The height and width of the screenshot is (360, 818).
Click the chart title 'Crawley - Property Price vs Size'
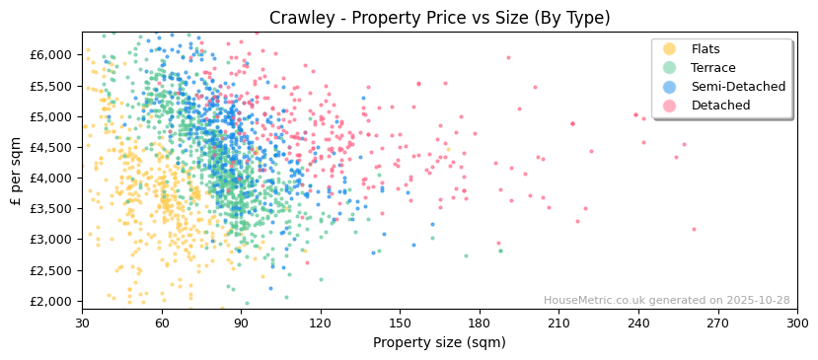(439, 18)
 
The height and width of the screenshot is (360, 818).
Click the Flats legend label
(706, 49)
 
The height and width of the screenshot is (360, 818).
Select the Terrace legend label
(712, 68)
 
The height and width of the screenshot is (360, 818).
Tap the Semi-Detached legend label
(738, 87)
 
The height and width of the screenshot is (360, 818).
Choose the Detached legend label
(720, 106)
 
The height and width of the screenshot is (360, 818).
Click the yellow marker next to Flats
(669, 49)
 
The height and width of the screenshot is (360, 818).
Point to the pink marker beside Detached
(669, 106)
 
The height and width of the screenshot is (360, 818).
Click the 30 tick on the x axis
(82, 323)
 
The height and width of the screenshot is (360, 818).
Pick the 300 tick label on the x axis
(796, 323)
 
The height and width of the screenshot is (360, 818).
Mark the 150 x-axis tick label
(400, 323)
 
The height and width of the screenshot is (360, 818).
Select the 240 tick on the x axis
(637, 323)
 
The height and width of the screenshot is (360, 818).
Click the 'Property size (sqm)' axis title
(439, 342)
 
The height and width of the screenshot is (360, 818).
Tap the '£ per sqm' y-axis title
(16, 171)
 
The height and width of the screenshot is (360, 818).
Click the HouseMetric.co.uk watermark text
(666, 301)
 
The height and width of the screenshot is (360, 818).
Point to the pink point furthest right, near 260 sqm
(694, 229)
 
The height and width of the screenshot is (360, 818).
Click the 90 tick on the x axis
(241, 323)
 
